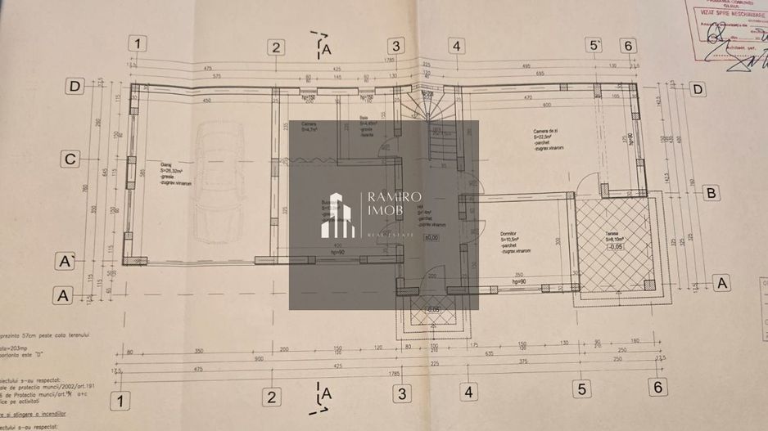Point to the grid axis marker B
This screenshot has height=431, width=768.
pyautogui.click(x=712, y=193)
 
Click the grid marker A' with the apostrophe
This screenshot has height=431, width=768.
pyautogui.click(x=61, y=261)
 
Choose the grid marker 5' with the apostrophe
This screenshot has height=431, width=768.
pyautogui.click(x=595, y=45)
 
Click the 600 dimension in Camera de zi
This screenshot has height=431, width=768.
pyautogui.click(x=545, y=106)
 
